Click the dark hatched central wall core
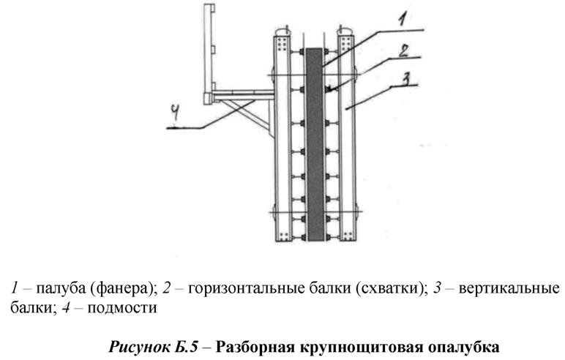315,146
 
